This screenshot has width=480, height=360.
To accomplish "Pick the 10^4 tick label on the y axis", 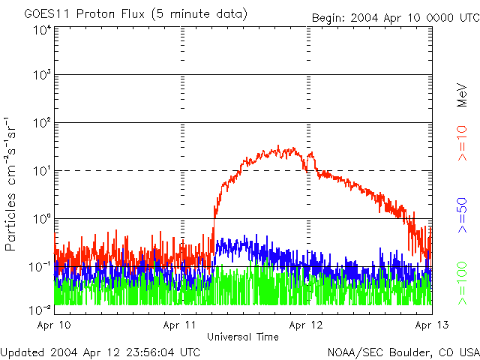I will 41,30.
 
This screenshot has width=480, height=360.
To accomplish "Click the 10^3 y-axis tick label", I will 41,76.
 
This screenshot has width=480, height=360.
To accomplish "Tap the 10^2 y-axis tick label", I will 41,123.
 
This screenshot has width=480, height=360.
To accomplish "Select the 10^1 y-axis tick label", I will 41,171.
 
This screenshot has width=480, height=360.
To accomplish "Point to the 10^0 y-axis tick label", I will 41,219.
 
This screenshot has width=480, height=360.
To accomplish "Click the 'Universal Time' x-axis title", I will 242,337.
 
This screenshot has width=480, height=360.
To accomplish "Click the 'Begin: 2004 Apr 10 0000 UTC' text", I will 395,17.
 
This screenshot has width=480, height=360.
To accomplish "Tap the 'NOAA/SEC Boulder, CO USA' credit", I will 403,351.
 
